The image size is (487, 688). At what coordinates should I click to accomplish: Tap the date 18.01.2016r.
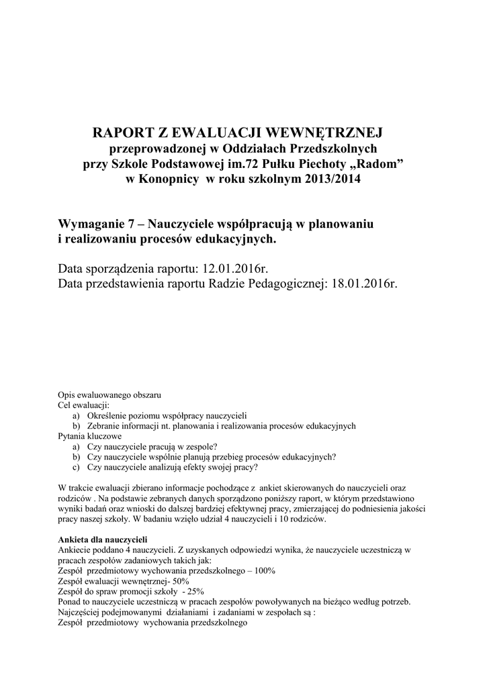(x=365, y=284)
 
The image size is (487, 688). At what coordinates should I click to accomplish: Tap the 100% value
(x=262, y=570)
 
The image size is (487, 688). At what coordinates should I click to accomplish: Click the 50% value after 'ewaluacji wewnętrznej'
(x=181, y=580)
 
